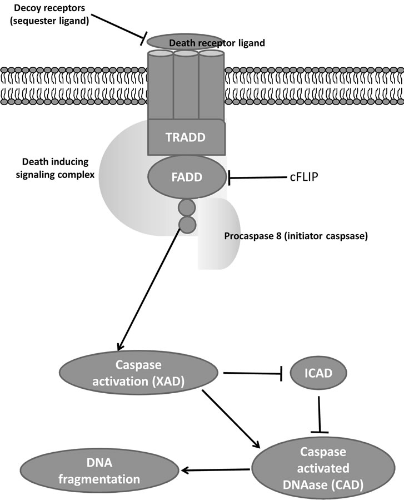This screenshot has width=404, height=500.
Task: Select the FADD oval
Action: coord(186,178)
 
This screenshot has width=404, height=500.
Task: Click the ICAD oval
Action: coord(318,373)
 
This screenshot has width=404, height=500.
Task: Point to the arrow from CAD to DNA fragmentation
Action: coord(217,471)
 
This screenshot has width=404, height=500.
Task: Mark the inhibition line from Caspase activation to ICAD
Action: coord(253,373)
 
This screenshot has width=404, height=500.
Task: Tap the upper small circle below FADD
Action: coord(187,209)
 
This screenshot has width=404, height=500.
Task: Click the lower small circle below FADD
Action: coord(187,225)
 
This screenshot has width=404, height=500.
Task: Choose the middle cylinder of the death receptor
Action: coord(186,83)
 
